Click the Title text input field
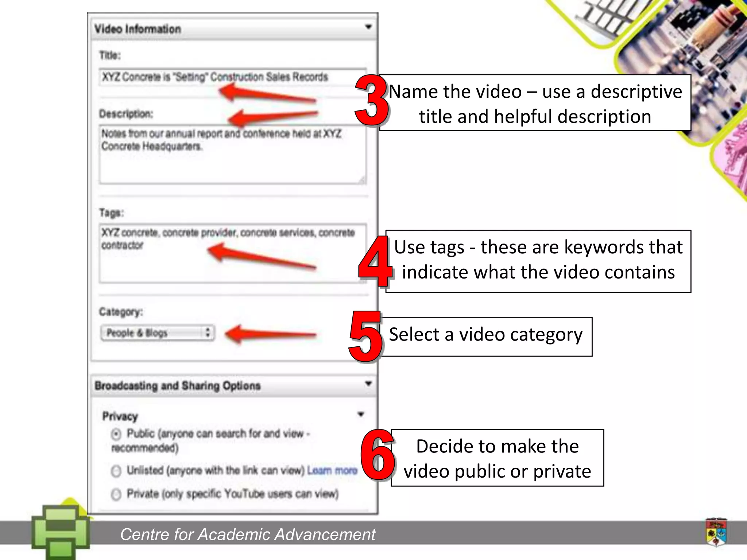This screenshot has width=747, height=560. [232, 77]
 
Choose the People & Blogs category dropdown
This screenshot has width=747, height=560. [158, 333]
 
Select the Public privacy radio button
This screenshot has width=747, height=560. [116, 434]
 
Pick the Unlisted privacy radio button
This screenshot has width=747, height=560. [116, 471]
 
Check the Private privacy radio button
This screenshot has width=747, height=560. [116, 494]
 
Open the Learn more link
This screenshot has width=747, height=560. [332, 470]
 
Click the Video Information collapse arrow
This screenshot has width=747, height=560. [368, 27]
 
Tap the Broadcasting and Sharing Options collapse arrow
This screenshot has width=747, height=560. [368, 384]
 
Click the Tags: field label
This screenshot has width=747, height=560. [112, 213]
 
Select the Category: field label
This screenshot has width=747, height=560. [121, 312]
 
